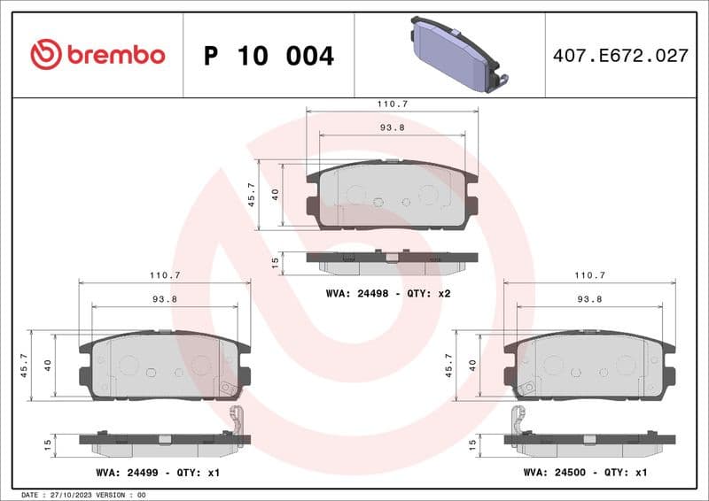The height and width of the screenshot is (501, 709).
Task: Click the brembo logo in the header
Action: [x=97, y=55]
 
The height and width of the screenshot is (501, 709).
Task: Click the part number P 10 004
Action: [x=269, y=57]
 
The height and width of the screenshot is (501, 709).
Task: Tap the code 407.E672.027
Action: [x=619, y=56]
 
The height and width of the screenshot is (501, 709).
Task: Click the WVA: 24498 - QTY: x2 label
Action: [x=389, y=293]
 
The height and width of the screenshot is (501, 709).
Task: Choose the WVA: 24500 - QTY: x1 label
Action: [x=586, y=474]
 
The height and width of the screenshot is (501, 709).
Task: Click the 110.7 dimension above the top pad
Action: [x=392, y=104]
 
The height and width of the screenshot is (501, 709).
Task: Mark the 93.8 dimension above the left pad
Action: [x=164, y=299]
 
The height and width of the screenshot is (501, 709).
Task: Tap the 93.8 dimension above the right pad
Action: [x=589, y=299]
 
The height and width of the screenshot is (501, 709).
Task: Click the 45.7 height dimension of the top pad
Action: [x=252, y=195]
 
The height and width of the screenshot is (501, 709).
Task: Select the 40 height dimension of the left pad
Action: [x=49, y=366]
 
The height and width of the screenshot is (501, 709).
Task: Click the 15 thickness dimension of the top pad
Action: [x=276, y=262]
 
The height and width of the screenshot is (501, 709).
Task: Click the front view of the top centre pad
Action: [x=392, y=196]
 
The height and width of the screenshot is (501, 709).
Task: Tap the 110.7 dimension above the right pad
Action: [x=589, y=275]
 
